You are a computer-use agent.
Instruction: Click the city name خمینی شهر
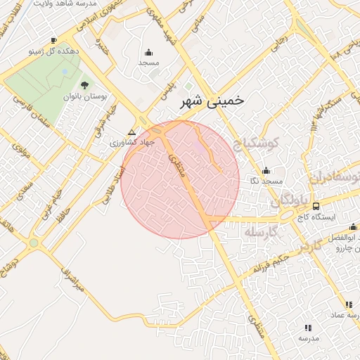tap(208, 101)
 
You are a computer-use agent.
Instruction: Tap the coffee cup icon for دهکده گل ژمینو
tap(55, 41)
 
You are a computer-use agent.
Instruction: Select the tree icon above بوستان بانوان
tap(85, 84)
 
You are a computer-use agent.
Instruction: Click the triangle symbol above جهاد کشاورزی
tap(131, 132)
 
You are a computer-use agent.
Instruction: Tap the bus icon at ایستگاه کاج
tap(316, 207)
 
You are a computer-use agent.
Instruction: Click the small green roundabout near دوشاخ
tap(34, 243)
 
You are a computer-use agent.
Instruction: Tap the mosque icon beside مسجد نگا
tap(266, 171)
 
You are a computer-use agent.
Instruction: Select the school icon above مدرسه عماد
tap(348, 304)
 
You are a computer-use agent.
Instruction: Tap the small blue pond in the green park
tap(65, 71)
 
